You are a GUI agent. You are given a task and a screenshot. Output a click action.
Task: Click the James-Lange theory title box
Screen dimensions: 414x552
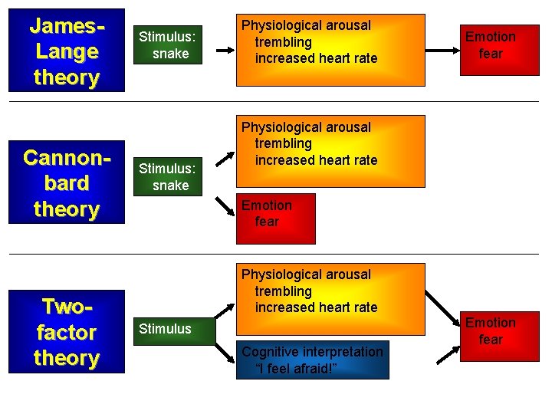coord(66,51)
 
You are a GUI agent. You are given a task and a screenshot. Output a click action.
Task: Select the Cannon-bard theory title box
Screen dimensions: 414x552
coord(66,183)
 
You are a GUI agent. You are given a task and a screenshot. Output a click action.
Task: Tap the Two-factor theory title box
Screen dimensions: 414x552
coord(66,332)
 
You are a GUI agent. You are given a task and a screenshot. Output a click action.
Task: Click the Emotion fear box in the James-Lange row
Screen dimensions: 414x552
coord(491,45)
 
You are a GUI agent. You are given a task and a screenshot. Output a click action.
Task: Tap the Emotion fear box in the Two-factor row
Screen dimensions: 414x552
coord(491,331)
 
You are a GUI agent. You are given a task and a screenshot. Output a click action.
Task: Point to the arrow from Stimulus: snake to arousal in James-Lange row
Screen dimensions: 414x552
coord(225,50)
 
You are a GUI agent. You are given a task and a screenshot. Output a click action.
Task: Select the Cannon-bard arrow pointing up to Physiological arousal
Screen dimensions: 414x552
coord(225,159)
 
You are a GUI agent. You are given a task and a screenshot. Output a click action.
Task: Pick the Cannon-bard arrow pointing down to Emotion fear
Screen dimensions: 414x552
coord(225,204)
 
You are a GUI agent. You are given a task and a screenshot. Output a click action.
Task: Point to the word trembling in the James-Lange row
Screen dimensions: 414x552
coord(283,42)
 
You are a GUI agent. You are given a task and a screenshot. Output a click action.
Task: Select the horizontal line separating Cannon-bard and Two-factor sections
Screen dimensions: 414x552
coord(276,254)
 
